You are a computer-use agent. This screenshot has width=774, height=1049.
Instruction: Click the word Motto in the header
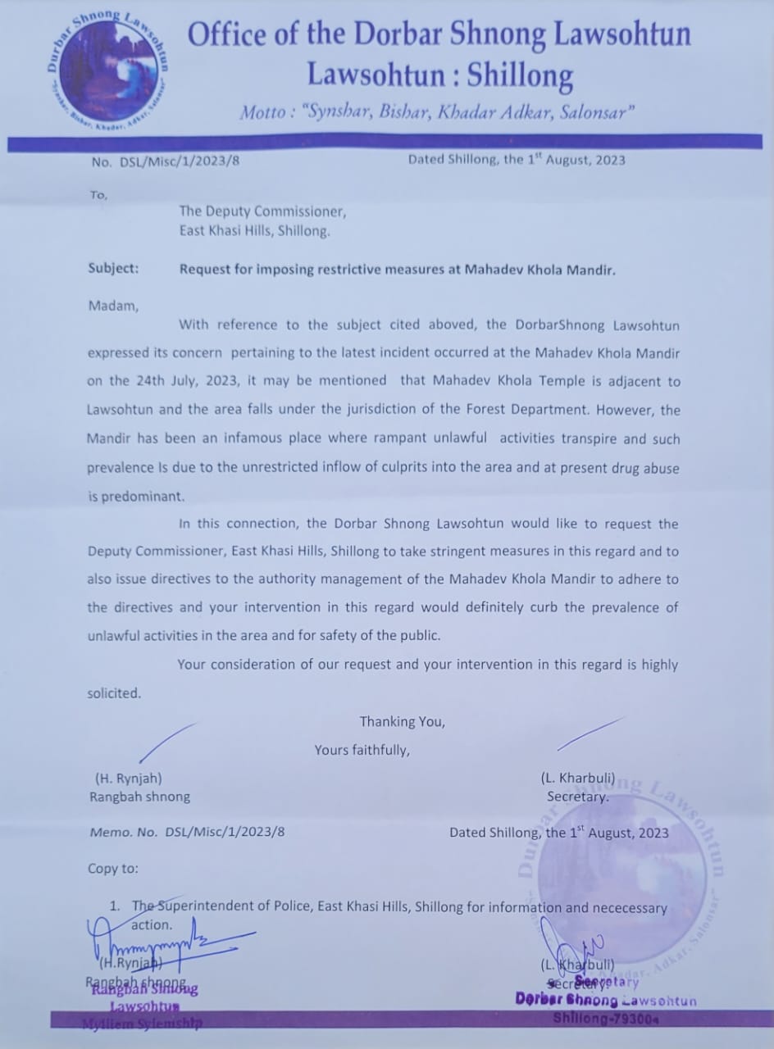[261, 112]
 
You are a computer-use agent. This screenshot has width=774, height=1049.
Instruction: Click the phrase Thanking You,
[402, 721]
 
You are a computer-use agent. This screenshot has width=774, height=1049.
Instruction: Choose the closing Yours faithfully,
[362, 749]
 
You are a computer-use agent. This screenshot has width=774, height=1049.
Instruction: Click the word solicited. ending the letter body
[114, 693]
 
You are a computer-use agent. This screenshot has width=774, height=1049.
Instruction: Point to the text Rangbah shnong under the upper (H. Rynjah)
[139, 796]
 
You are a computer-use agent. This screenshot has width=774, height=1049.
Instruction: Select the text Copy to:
[113, 868]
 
